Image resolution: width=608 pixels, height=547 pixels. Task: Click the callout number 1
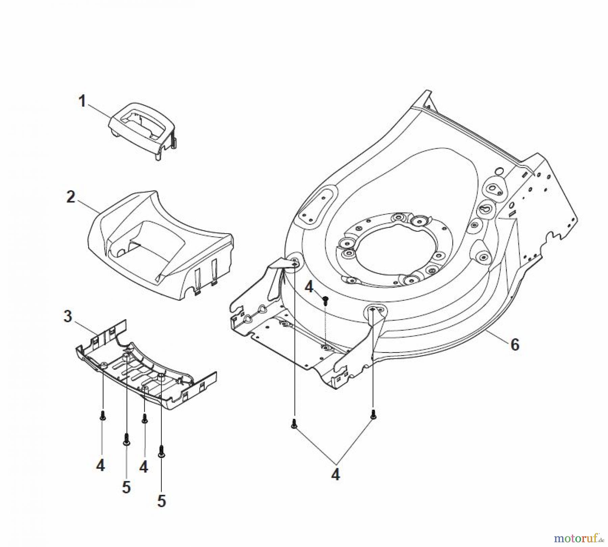coord(82,101)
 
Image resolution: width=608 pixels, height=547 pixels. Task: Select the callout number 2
coord(71,197)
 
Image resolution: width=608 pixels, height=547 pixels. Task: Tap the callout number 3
coord(68,316)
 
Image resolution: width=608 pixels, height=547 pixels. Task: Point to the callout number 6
coord(515,344)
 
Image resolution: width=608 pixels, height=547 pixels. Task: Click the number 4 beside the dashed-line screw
coord(309,288)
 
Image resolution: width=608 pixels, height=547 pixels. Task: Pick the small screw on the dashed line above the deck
coord(326,301)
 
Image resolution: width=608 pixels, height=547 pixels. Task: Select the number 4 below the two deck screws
coord(335,475)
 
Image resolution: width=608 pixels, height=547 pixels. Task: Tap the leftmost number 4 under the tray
coord(100,466)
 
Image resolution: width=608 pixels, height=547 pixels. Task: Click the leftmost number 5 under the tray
coord(126,487)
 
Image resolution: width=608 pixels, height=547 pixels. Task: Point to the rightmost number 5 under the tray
coord(161,501)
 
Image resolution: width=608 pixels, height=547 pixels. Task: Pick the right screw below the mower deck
coord(373,414)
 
